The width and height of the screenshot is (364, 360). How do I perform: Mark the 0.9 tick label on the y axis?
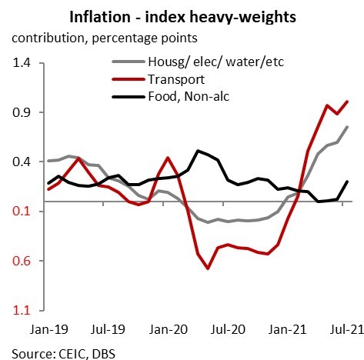pos(25,112)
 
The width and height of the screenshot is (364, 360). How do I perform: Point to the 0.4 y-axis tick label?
pos(25,162)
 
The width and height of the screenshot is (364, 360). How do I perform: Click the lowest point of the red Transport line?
pos(208,268)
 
